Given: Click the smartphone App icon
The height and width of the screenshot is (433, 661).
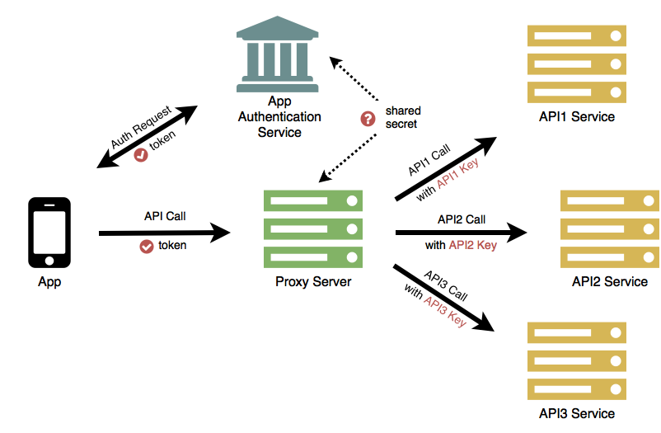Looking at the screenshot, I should pos(49,232).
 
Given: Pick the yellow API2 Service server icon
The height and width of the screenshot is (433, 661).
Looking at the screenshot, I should pos(609,228).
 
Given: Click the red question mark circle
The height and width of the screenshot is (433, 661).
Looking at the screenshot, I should pos(368,118).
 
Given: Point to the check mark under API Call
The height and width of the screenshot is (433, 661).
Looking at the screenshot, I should pos(147,245).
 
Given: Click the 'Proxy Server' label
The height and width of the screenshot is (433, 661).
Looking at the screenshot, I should pos(313,282).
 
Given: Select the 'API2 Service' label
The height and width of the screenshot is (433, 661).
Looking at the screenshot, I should pos(610,282).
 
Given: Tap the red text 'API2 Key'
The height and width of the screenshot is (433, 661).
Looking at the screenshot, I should pos(472,245).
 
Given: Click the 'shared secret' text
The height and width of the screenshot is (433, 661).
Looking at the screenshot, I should pos(402,118).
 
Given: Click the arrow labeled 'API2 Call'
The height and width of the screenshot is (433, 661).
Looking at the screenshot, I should pos(462,233).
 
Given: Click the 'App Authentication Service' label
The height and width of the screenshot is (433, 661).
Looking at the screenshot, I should pos(280,116).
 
